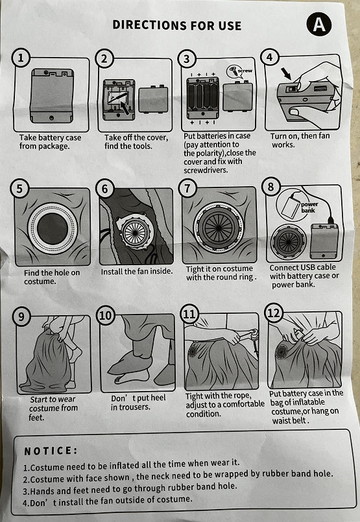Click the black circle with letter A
[319, 25]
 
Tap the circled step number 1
[21, 58]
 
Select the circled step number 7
[187, 188]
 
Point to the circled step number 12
[274, 314]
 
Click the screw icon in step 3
[233, 71]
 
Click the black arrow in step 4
[285, 73]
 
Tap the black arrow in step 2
[125, 107]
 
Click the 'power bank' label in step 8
[309, 207]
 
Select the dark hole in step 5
[52, 228]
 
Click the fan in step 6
[134, 231]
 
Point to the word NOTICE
[50, 451]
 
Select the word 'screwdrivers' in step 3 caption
[206, 170]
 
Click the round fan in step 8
[289, 241]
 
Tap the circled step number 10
[106, 315]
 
